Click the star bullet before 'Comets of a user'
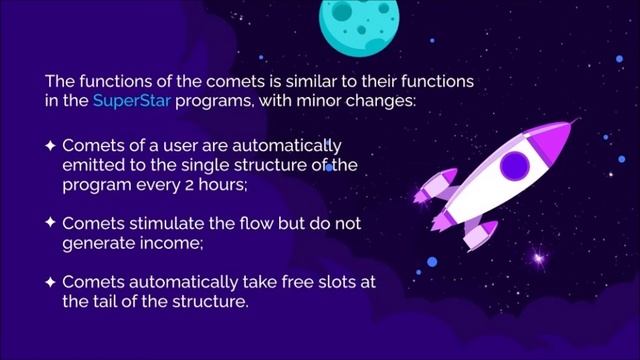[x=50, y=145]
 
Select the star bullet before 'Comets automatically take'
[x=50, y=281]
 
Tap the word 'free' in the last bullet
[x=284, y=281]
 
